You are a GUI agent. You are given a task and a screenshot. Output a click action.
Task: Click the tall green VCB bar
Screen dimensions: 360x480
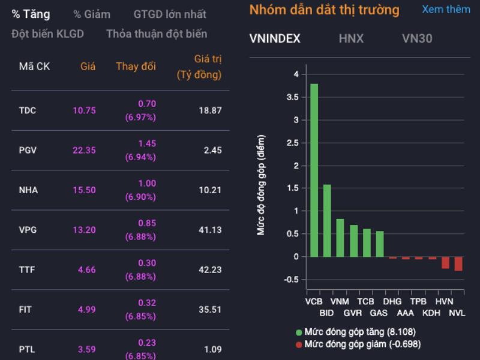pos(314,170)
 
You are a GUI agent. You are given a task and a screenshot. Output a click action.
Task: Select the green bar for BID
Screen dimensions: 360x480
pos(327,220)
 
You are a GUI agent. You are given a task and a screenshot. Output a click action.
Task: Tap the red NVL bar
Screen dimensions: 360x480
pos(458,263)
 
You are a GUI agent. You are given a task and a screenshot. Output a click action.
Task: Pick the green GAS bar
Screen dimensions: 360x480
pos(379,244)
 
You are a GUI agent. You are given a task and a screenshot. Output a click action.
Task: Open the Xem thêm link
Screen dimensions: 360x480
pos(446,10)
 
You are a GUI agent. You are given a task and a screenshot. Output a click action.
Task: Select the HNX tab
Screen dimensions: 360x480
pos(351,39)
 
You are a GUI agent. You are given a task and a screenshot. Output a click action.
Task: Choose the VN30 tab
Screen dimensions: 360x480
pos(417,39)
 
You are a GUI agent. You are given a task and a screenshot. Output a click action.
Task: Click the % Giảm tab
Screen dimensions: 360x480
pos(92,14)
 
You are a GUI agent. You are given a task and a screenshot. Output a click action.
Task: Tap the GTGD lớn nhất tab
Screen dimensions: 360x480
pos(170,14)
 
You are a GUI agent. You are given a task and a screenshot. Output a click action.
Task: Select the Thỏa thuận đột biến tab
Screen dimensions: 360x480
pos(157,34)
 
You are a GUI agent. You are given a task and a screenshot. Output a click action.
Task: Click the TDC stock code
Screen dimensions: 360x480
pos(28,110)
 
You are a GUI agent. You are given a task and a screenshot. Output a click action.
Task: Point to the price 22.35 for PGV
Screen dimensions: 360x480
pos(84,150)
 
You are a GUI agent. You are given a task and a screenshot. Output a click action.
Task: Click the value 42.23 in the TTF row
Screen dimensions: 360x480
pos(210,270)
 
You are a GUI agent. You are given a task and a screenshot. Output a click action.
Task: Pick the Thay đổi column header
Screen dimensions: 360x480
pos(136,67)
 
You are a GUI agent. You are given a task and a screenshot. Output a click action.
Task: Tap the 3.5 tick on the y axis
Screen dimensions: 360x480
pos(294,97)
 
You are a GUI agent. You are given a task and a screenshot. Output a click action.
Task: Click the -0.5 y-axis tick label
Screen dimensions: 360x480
pos(292,280)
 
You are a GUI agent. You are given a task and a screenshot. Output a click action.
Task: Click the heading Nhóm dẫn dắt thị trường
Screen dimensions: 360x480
pos(324,10)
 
